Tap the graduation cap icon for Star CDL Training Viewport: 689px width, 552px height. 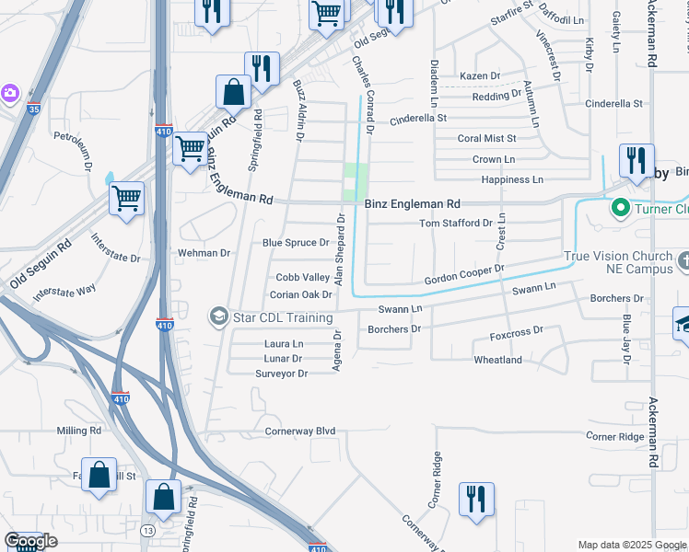218,317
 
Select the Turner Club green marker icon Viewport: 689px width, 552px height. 620,209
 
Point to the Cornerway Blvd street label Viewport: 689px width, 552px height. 300,431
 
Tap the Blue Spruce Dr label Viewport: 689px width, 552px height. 296,243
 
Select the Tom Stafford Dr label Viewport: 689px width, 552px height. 456,223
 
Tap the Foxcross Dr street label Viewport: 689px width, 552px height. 517,330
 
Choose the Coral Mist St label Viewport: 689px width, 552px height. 487,138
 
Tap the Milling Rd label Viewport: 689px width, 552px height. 78,431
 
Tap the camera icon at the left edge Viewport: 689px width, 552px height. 9,92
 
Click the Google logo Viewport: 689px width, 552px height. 30,541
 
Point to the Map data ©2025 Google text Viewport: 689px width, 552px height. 630,545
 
